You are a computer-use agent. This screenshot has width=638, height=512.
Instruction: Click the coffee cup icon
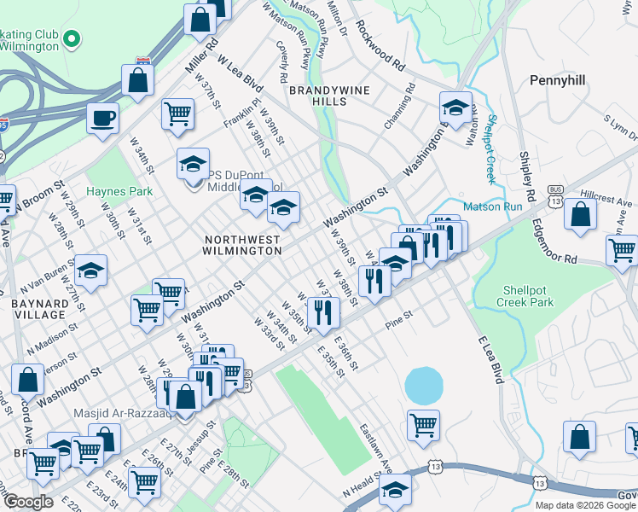point(102,118)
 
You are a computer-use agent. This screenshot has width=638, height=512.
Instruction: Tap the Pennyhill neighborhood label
point(561,79)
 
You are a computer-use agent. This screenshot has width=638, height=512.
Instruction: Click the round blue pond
point(424,386)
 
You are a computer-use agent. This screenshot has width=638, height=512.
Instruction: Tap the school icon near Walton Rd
point(455,107)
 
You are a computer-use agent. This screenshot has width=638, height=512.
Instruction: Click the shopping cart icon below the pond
point(423,424)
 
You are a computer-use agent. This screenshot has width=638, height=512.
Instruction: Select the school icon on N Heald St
point(394,490)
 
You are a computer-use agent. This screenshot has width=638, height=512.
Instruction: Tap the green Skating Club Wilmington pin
point(73,38)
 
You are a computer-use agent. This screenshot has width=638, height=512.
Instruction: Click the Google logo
point(28,501)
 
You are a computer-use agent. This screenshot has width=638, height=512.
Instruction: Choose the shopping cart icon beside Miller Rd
point(177,113)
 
